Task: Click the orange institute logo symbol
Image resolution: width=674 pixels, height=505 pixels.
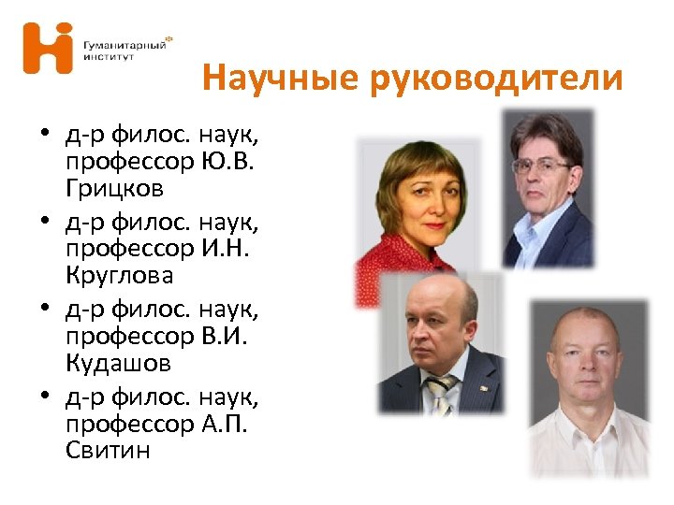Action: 48,48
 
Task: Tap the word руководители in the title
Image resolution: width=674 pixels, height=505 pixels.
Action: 495,79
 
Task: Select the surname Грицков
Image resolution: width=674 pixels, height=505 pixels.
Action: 115,189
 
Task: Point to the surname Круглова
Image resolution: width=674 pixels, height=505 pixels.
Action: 120,277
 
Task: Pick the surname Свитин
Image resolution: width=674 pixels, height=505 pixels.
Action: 109,451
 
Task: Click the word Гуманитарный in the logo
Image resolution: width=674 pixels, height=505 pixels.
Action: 123,44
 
